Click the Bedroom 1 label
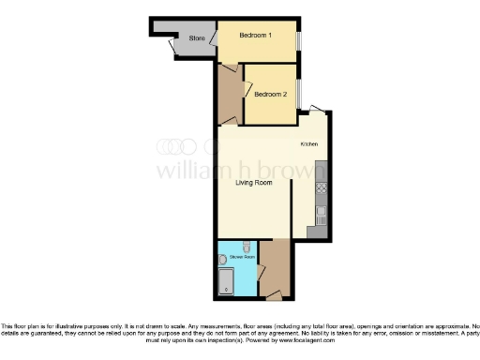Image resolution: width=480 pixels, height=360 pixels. [x=255, y=36]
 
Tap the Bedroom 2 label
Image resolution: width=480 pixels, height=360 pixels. [x=270, y=94]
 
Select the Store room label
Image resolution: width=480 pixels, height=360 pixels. [x=197, y=38]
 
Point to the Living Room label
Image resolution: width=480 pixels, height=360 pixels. [x=253, y=183]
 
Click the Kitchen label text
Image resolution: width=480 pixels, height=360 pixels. [x=309, y=144]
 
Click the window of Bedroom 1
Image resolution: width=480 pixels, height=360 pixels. [x=299, y=40]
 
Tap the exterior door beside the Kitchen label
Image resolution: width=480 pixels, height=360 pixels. [x=319, y=110]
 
